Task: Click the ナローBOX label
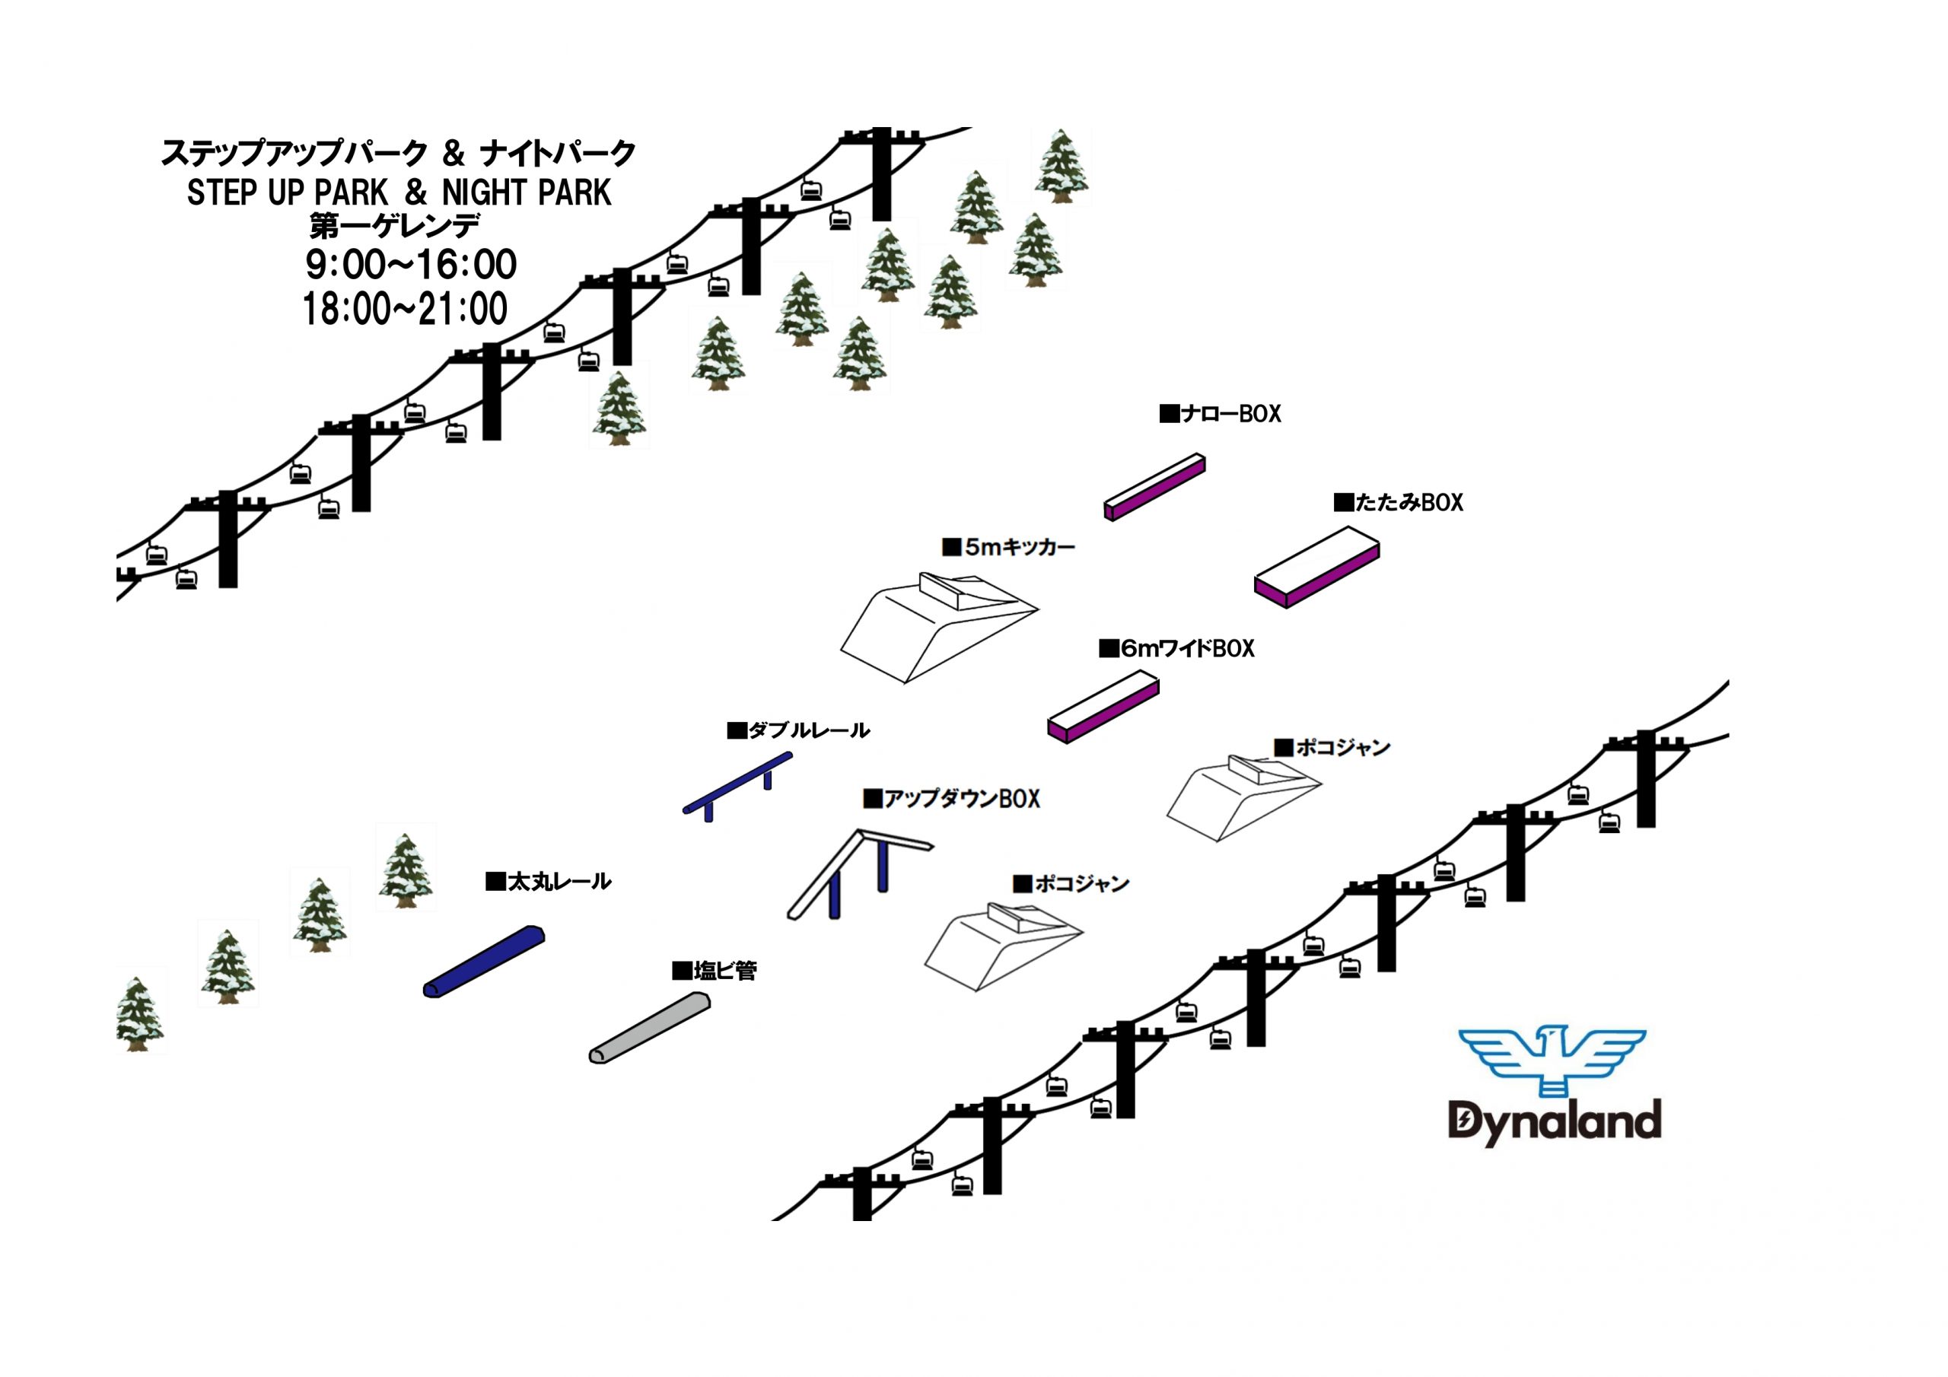pos(1220,414)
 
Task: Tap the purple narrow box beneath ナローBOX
pos(1154,487)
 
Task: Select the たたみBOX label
pos(1398,502)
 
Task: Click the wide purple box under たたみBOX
pos(1316,567)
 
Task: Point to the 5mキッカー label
pos(1009,547)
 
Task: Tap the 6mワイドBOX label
pos(1176,649)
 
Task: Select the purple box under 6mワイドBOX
pos(1103,707)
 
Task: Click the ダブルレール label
pos(798,730)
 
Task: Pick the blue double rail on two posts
pos(737,785)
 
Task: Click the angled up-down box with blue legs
pos(859,874)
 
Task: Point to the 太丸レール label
pos(548,882)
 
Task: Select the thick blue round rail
pos(484,962)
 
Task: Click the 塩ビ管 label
pos(715,971)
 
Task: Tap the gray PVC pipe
pos(650,1028)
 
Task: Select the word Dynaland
pos(1555,1122)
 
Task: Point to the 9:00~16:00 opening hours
pos(412,265)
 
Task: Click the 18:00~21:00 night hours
pos(406,309)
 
